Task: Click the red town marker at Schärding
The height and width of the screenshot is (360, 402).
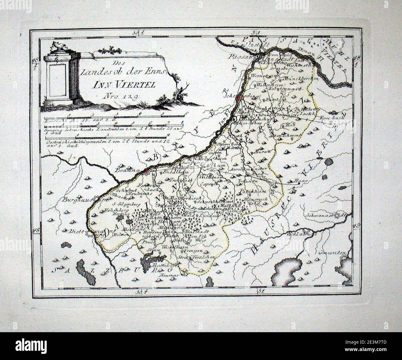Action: [x=239, y=98]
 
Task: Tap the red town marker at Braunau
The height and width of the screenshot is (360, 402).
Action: [x=148, y=171]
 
